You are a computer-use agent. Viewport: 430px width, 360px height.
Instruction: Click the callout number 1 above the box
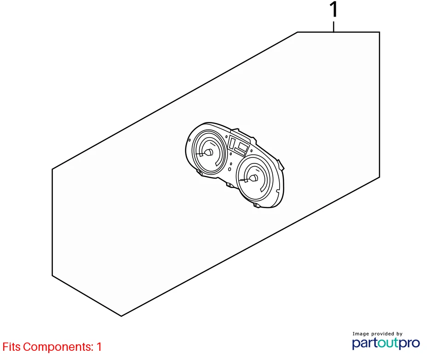tap(333, 10)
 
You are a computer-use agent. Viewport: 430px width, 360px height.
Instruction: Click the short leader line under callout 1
tap(333, 27)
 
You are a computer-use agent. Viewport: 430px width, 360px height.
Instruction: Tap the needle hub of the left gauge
tap(209, 152)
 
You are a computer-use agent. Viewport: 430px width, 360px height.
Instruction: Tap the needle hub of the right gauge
tap(254, 178)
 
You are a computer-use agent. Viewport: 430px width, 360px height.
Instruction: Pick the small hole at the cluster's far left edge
tap(189, 140)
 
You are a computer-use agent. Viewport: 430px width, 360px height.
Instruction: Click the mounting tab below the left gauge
tap(200, 173)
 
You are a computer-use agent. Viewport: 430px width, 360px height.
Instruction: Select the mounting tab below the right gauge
tap(257, 205)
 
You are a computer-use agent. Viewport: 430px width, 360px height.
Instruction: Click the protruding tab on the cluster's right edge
tap(281, 165)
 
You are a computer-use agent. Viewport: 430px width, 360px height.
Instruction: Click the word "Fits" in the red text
tap(11, 347)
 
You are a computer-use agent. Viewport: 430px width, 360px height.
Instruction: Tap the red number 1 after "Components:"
tap(99, 347)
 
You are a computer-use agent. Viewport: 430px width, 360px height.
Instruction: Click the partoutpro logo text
tap(386, 343)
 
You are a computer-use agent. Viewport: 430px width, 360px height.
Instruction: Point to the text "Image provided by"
tap(378, 334)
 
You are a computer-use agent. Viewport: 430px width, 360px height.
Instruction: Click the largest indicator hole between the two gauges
tap(229, 169)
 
